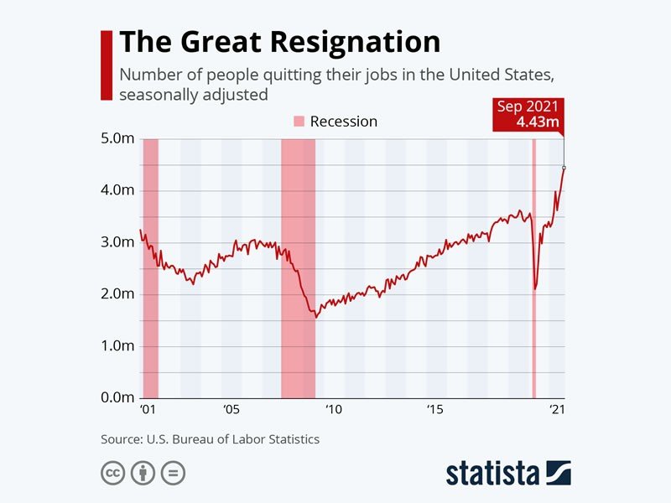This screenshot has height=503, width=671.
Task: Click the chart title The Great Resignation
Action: [x=279, y=43]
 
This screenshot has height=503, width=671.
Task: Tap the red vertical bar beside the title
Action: [x=106, y=65]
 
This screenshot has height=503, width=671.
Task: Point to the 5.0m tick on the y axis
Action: [x=117, y=138]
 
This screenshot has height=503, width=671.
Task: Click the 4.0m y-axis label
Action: [x=117, y=190]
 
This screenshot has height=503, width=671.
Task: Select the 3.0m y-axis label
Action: [x=117, y=242]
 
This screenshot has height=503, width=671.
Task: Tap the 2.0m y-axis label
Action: [x=117, y=294]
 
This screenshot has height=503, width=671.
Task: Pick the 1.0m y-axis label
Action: [x=117, y=345]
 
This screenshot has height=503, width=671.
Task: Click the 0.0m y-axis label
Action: [x=117, y=397]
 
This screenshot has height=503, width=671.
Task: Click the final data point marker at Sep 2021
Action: [x=564, y=168]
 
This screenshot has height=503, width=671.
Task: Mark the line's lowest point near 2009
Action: [x=315, y=317]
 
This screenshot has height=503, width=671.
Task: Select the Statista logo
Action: [x=508, y=472]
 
